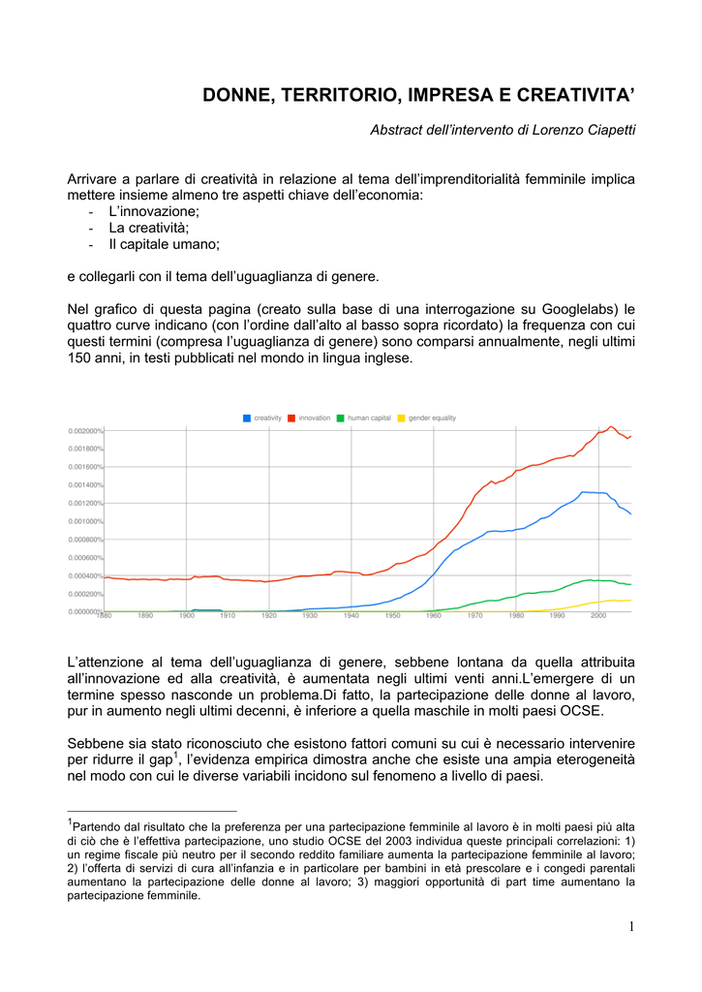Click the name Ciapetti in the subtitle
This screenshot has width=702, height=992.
tap(610, 130)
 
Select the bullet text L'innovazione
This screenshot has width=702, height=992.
tap(154, 211)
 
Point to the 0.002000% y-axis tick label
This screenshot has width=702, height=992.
tap(85, 431)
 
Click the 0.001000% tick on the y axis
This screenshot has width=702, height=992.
tap(85, 521)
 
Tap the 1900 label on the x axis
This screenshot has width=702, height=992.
tap(186, 616)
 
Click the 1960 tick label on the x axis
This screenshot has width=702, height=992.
tap(434, 616)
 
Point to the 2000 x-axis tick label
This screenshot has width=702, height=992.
tap(598, 616)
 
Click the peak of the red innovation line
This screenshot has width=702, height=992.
tap(611, 426)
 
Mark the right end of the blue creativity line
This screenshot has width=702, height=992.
tap(631, 513)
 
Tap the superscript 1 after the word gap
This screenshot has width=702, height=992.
tap(175, 753)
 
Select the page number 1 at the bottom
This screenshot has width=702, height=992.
tap(631, 928)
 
